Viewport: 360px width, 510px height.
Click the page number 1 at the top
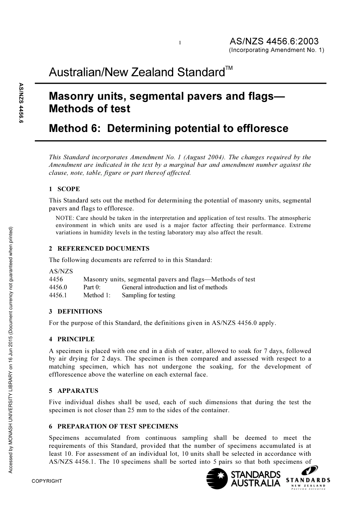pos(180,43)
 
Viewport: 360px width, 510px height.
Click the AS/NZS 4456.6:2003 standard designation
pos(274,41)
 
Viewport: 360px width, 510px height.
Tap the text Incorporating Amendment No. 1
pos(277,50)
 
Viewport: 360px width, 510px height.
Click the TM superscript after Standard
pos(229,68)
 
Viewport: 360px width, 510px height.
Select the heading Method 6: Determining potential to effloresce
pos(169,128)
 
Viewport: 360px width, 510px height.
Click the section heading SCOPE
pos(69,189)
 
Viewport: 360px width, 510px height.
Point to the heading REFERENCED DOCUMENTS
pos(103,248)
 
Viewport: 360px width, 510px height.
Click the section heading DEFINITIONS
pos(80,311)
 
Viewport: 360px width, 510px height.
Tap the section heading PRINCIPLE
pos(76,339)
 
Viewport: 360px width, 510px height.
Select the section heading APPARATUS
pos(78,391)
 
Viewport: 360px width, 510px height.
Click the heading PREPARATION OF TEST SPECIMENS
pos(117,426)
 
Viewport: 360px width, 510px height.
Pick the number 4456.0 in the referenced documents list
pos(58,287)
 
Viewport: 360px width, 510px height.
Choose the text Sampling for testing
pos(149,295)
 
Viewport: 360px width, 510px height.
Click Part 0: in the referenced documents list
pos(92,287)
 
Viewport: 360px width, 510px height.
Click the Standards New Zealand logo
pos(308,479)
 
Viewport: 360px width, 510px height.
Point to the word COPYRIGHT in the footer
pos(47,481)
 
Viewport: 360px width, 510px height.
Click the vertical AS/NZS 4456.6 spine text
pos(21,103)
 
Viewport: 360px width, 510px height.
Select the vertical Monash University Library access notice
pos(11,349)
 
